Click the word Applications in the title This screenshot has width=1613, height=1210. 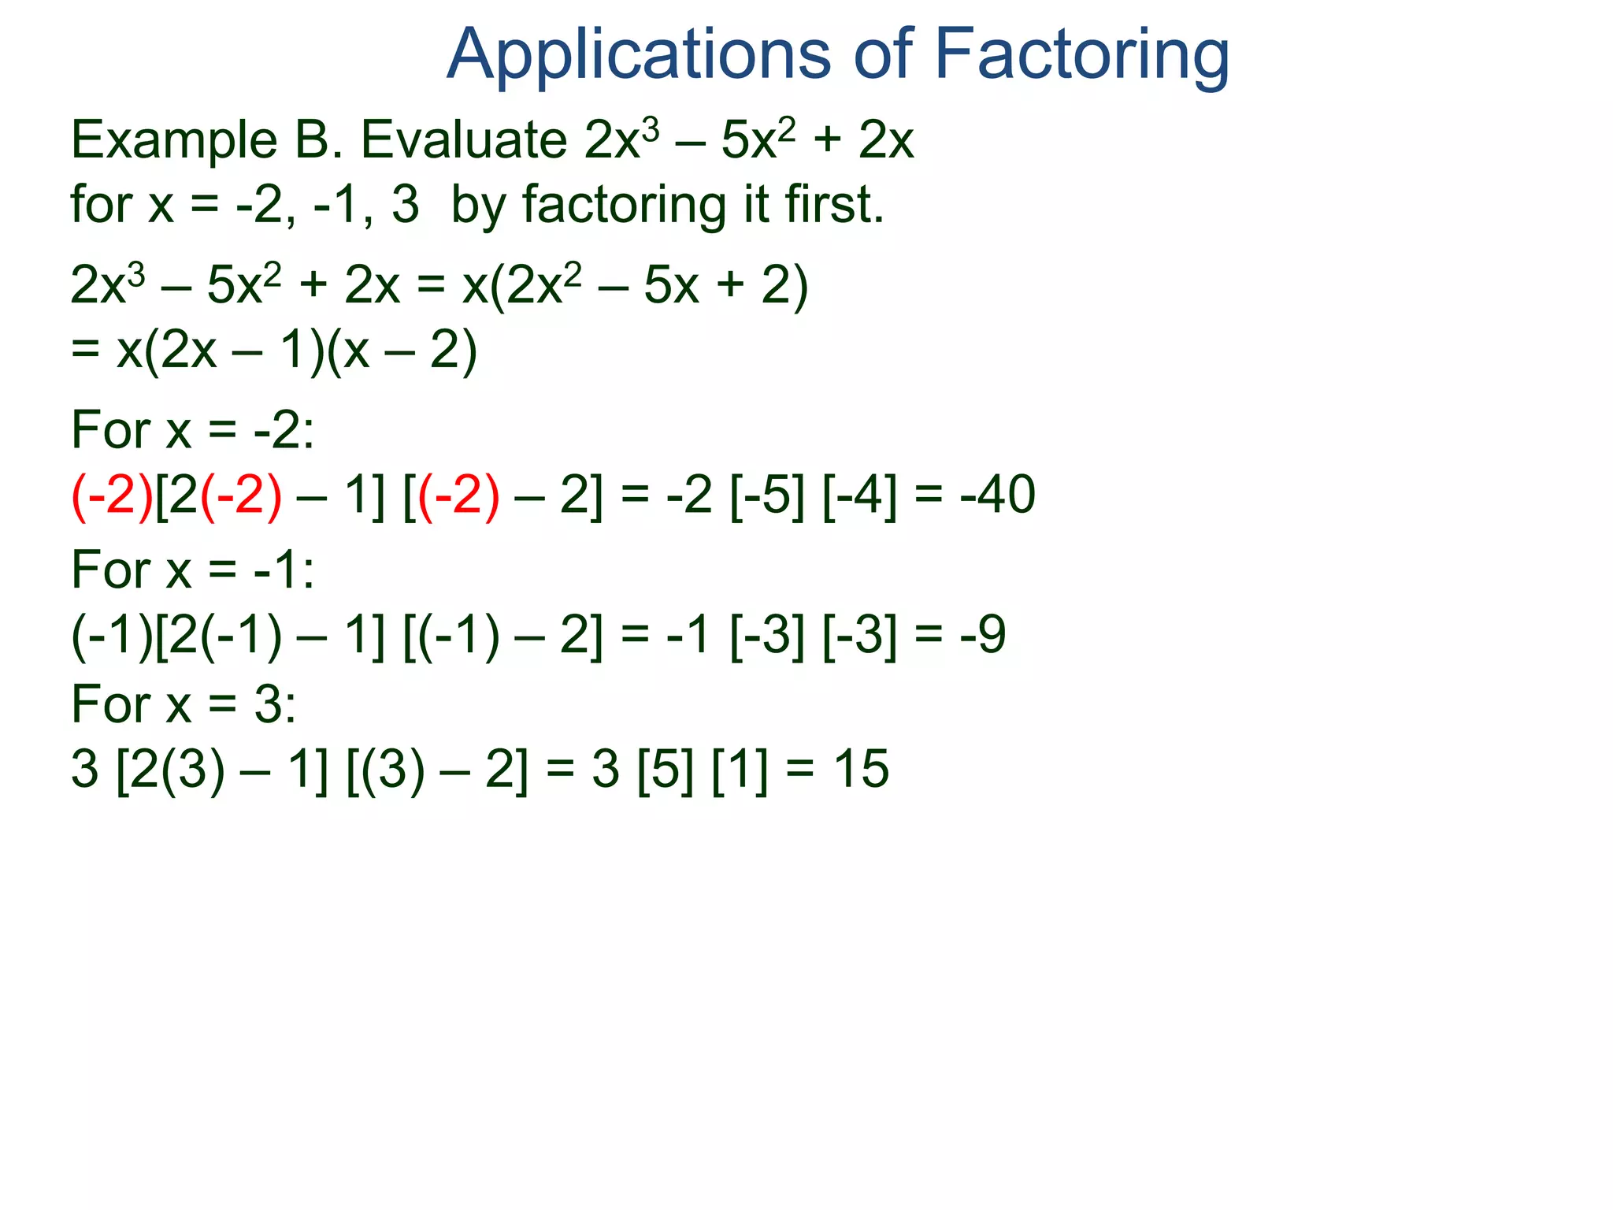tap(638, 55)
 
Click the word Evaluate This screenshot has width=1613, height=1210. tap(464, 140)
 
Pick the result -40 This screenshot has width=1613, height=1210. tap(998, 495)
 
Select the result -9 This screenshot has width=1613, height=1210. tap(983, 634)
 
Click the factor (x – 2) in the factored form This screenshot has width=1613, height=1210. tap(402, 351)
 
